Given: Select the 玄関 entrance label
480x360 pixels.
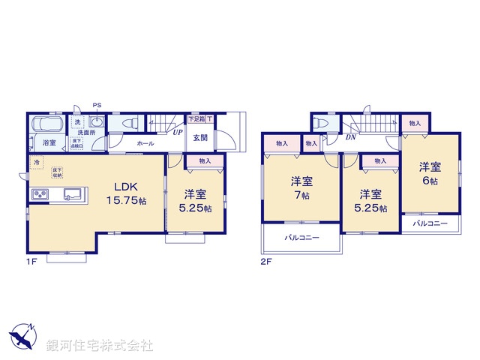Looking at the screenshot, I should click(201, 137).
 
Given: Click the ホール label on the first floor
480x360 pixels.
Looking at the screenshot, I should click(146, 143).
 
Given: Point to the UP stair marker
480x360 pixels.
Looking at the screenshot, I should click(177, 133).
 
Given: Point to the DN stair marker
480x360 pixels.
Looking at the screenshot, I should click(350, 137).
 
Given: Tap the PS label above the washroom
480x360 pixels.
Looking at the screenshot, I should click(97, 105).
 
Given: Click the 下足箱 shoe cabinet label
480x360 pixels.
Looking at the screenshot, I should click(196, 118).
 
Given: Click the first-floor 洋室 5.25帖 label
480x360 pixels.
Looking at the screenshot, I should click(193, 201).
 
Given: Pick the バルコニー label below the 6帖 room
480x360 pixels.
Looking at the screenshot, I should click(430, 223).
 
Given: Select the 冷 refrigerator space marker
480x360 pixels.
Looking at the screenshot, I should click(35, 162).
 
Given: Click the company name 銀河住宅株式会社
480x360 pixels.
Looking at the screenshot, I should click(100, 346).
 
